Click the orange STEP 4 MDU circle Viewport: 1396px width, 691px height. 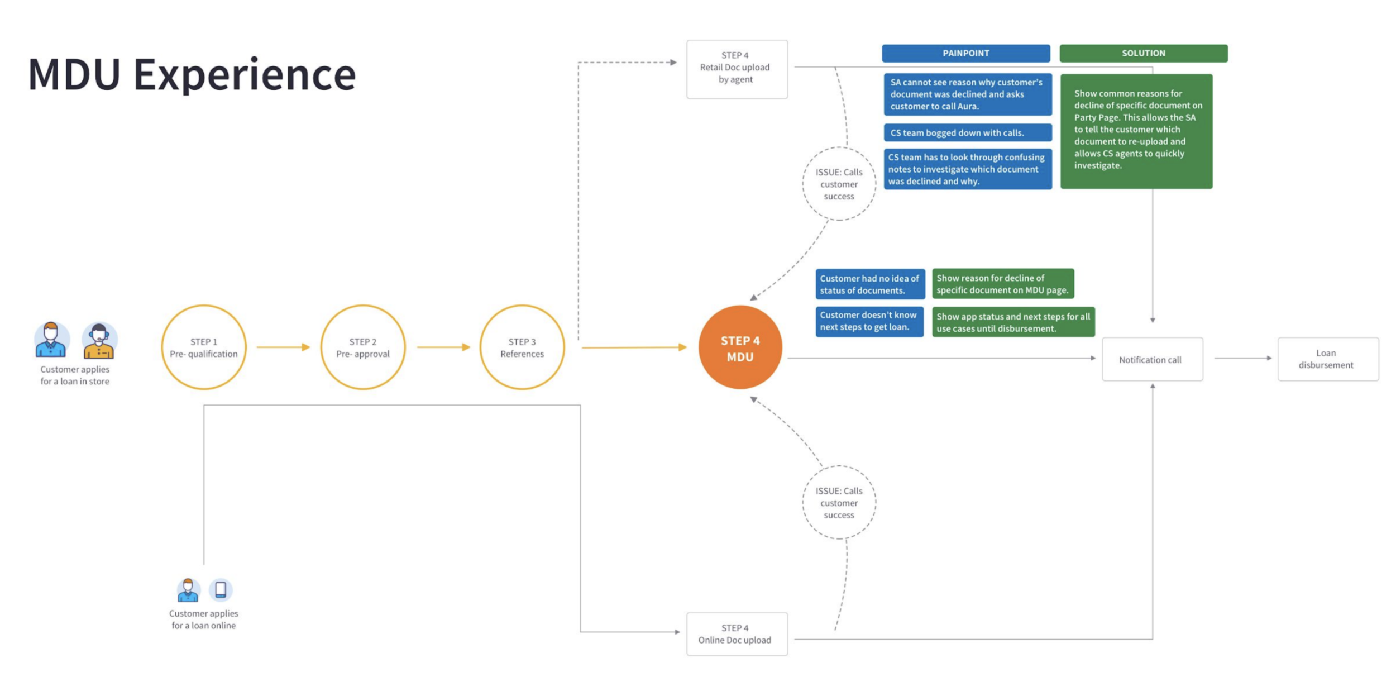pos(740,347)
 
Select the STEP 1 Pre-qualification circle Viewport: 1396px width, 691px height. pos(204,347)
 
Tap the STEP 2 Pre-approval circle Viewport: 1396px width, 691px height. pos(363,347)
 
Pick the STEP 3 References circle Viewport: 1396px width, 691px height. pos(522,347)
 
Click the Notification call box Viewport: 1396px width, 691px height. pos(1152,359)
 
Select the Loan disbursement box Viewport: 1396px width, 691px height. pos(1327,359)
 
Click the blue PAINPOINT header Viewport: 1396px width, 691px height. pos(965,53)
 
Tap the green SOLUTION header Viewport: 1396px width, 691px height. pos(1143,53)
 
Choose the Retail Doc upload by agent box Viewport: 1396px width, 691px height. pos(737,69)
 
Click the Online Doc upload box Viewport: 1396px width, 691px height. pos(737,634)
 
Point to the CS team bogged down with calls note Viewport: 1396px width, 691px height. pos(967,133)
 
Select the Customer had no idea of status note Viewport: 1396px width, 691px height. pos(869,284)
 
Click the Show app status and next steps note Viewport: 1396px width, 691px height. pos(1013,322)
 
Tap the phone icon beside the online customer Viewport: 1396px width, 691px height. pos(221,589)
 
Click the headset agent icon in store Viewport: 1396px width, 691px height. pos(99,340)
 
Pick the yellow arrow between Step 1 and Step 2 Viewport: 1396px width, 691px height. pos(283,347)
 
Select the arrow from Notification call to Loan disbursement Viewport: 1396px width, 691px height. pos(1243,358)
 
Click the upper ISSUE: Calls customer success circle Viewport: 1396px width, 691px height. pos(839,184)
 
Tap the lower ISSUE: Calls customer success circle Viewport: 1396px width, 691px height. pos(839,503)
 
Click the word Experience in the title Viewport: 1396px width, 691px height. pos(245,75)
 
